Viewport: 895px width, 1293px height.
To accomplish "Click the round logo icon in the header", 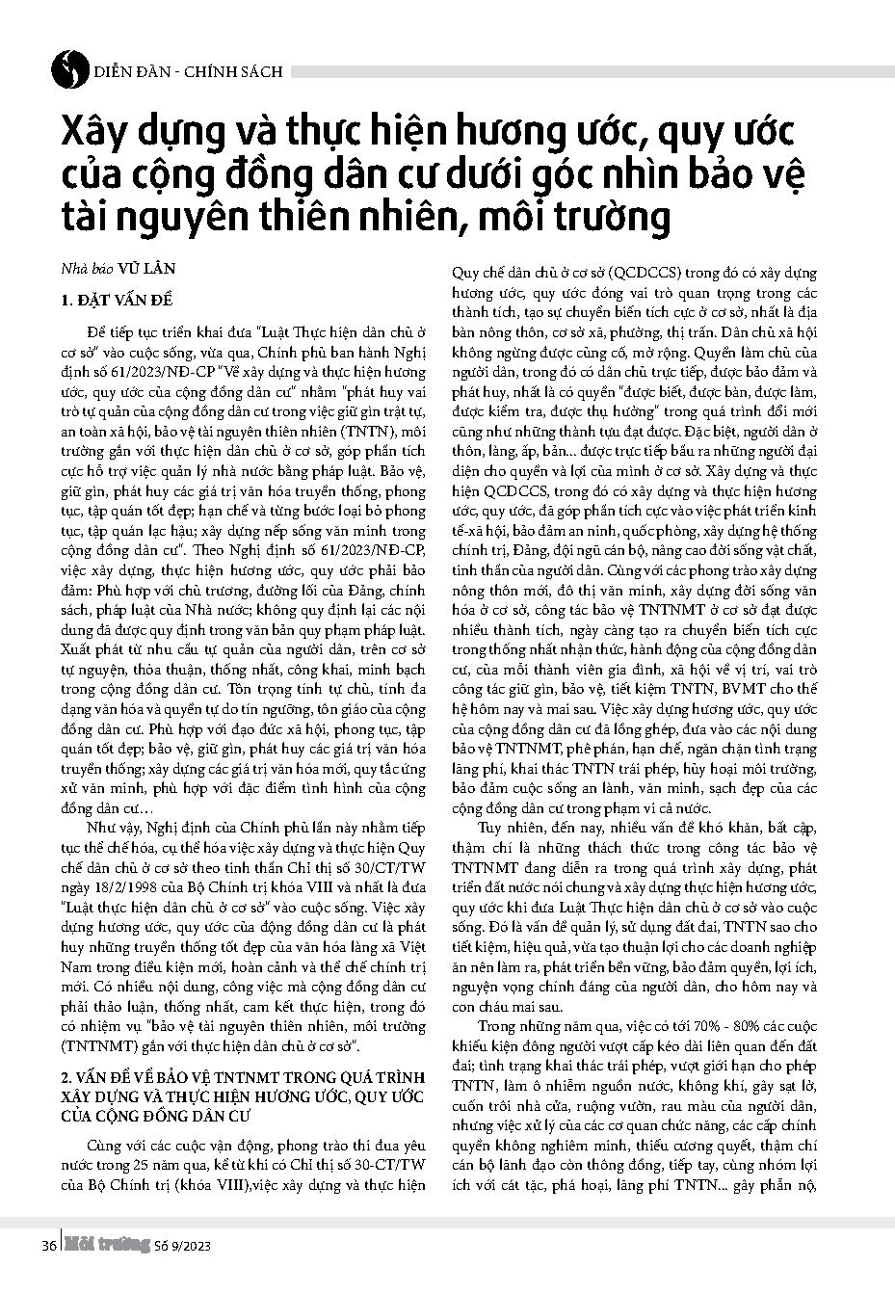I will [65, 67].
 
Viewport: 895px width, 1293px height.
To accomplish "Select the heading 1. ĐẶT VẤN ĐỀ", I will [115, 301].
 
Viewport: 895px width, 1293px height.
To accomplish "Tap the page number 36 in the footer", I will [48, 1246].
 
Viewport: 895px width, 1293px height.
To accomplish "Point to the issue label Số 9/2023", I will [182, 1246].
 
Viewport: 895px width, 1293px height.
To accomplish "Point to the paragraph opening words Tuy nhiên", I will [509, 827].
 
